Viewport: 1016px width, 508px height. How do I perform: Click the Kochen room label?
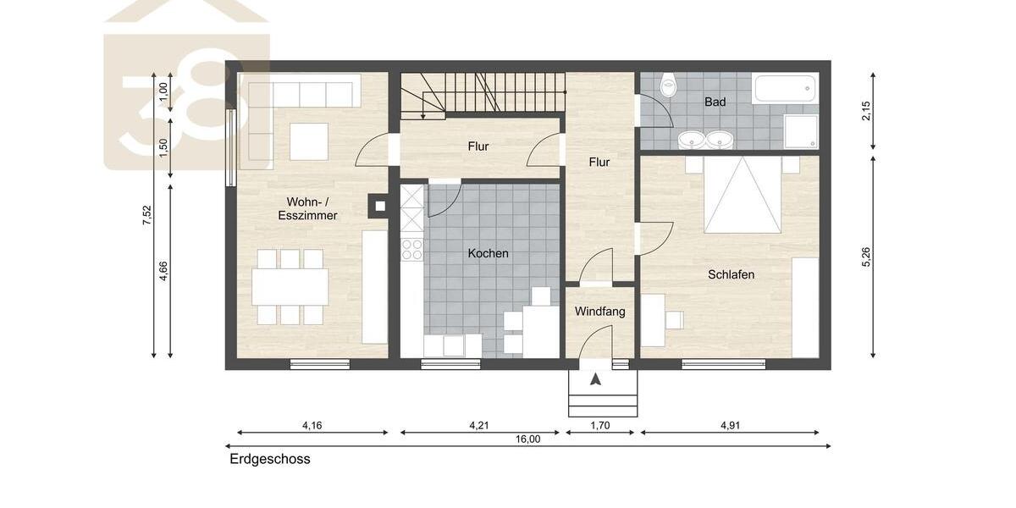[488, 253]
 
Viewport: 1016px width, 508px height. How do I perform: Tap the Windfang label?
[599, 312]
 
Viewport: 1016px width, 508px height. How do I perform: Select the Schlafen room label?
[731, 274]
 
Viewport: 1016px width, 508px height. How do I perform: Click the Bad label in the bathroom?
[715, 102]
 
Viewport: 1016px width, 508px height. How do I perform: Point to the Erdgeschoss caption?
[270, 460]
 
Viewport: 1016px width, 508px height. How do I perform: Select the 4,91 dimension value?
[729, 425]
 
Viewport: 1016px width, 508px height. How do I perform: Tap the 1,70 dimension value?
[599, 425]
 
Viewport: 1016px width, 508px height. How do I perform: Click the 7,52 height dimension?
[146, 216]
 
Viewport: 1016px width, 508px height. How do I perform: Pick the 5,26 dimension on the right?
[865, 257]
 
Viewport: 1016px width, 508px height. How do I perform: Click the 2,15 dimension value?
[865, 111]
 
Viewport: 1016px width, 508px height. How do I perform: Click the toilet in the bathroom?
[669, 85]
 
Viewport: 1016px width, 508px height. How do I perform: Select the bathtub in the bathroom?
[785, 88]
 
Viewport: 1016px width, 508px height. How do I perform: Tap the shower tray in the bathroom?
[801, 131]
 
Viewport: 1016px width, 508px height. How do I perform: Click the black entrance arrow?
[596, 379]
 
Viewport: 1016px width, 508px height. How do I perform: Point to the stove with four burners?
[411, 249]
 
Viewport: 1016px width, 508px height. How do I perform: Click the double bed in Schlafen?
[743, 194]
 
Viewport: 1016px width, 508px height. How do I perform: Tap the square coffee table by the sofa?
[308, 141]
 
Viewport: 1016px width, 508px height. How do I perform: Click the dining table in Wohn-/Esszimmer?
[290, 287]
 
